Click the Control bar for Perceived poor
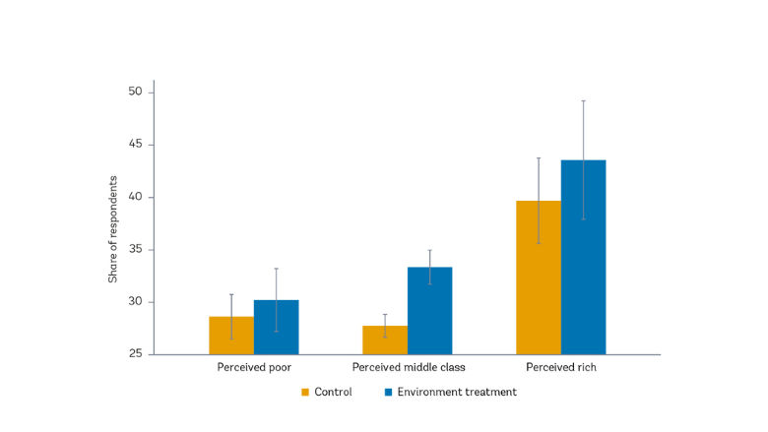[x=231, y=336]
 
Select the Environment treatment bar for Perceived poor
[x=276, y=328]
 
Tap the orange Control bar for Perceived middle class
[x=385, y=340]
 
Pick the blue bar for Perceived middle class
[x=429, y=311]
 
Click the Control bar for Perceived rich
[x=539, y=278]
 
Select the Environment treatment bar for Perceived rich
[x=583, y=258]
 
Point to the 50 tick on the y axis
[x=135, y=93]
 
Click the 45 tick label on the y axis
[x=135, y=145]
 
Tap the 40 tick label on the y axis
[x=135, y=197]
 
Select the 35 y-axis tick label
[x=135, y=250]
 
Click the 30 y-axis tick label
[x=135, y=302]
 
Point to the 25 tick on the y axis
[x=135, y=354]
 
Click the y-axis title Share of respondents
[x=113, y=229]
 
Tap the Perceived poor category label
[x=253, y=368]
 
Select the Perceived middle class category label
[x=408, y=368]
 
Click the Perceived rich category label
[x=561, y=368]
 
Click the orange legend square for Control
[x=306, y=393]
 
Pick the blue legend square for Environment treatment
[x=389, y=393]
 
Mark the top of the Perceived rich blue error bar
[x=583, y=100]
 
